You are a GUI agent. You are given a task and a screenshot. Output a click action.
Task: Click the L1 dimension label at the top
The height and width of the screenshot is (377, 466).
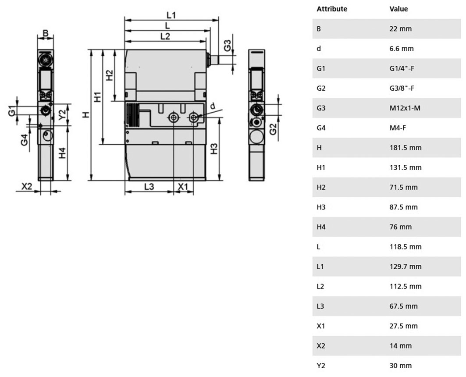(171, 15)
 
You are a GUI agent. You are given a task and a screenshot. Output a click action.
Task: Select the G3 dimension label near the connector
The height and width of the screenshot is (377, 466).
(228, 46)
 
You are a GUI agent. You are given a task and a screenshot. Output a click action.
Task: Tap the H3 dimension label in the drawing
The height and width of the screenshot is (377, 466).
(214, 149)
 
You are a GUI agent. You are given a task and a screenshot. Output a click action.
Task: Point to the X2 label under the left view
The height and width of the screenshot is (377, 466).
(27, 186)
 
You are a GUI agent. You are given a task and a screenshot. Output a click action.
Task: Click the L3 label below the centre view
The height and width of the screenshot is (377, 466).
(149, 187)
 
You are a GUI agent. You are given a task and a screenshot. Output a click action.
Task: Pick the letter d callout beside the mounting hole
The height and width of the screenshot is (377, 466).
(213, 106)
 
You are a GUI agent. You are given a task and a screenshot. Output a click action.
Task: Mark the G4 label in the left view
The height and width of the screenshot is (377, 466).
(25, 140)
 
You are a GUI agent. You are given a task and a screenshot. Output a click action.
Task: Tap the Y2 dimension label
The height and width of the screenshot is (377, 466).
(62, 115)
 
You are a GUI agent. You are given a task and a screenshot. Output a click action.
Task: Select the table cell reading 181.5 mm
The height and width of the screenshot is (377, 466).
(406, 148)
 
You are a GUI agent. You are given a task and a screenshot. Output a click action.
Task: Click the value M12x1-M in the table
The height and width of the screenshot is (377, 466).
(405, 108)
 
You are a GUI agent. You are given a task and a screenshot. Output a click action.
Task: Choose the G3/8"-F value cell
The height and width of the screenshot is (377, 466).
(402, 88)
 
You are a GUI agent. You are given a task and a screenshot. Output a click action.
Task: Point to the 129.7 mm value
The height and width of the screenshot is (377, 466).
(406, 267)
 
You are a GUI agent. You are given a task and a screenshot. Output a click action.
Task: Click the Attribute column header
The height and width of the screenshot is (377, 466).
(332, 9)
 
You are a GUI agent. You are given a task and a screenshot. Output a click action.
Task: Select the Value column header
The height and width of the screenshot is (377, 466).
(398, 9)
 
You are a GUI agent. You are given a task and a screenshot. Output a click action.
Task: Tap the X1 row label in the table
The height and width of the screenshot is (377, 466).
(320, 326)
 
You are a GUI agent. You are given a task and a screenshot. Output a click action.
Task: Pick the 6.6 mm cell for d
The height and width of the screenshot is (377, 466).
(402, 48)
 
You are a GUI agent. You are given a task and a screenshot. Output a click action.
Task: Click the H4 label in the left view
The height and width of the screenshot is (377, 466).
(62, 153)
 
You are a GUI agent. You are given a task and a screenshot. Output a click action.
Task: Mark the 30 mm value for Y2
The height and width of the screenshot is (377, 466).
(401, 366)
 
